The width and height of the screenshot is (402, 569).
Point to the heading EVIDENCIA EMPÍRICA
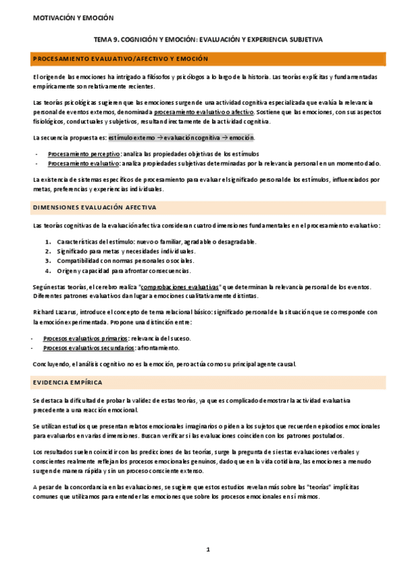pyautogui.click(x=68, y=382)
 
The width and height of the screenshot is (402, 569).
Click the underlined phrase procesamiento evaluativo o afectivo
pyautogui.click(x=207, y=113)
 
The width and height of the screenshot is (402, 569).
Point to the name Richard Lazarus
pyautogui.click(x=55, y=312)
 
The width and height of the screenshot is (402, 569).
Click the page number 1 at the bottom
pyautogui.click(x=208, y=550)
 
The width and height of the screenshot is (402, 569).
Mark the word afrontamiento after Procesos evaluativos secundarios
pyautogui.click(x=159, y=348)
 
